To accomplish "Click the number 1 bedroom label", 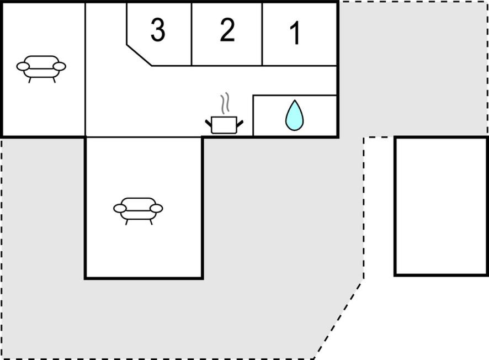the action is (x=295, y=33).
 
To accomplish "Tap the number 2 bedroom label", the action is (x=227, y=30).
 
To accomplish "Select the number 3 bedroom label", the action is (x=158, y=30).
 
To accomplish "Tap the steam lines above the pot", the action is (x=225, y=103).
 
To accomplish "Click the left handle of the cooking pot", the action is (x=208, y=123).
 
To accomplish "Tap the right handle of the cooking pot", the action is (x=240, y=124).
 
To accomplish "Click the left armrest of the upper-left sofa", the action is (x=23, y=66).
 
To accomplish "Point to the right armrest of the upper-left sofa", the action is (x=59, y=66).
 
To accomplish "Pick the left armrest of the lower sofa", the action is (x=120, y=208).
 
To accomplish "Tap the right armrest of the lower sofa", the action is (x=156, y=208).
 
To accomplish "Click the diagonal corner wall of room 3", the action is (x=139, y=55).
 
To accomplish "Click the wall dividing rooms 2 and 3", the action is (x=191, y=34).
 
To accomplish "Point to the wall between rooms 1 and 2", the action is (x=262, y=34).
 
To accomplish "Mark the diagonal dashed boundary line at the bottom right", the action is (x=338, y=321).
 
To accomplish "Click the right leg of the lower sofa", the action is (x=151, y=222).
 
